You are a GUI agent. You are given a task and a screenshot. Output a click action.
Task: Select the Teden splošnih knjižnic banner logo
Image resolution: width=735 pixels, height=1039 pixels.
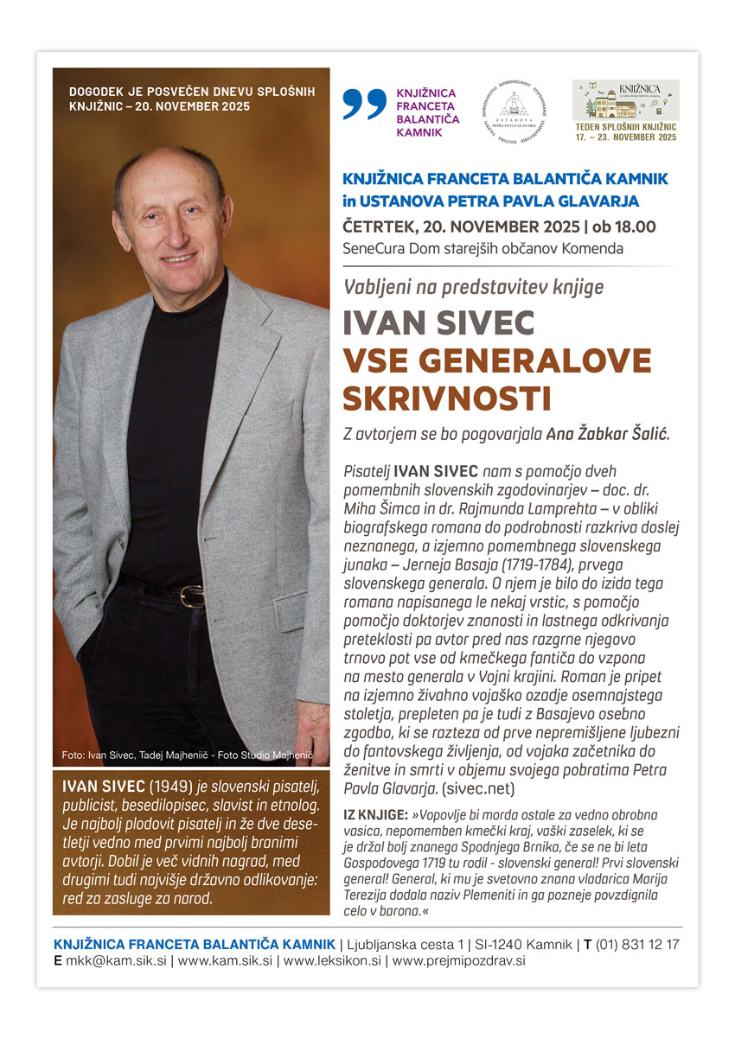pyautogui.click(x=626, y=111)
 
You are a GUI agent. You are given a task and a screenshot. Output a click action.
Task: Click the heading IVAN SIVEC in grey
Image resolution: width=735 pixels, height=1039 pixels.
pyautogui.click(x=439, y=322)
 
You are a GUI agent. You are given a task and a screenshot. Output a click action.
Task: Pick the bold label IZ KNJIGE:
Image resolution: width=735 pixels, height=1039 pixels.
pyautogui.click(x=375, y=815)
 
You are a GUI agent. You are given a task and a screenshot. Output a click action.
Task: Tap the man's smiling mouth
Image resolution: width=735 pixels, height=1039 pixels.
pyautogui.click(x=179, y=258)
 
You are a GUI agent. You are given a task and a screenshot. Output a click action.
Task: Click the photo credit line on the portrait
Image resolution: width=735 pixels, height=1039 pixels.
pyautogui.click(x=187, y=755)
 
